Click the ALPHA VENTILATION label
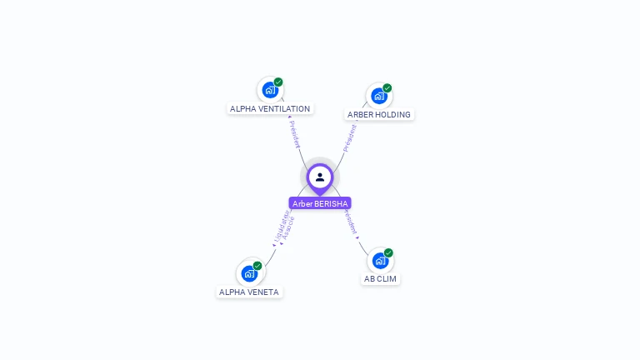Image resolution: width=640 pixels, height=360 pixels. pos(270,109)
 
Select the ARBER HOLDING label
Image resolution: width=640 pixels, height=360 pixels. pos(379,115)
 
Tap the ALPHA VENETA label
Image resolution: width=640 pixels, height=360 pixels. pos(248,292)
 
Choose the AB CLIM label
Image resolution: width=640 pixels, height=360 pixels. pos(380,279)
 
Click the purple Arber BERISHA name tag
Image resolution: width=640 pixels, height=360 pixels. pos(320,203)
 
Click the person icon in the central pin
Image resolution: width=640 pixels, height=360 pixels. pos(320,177)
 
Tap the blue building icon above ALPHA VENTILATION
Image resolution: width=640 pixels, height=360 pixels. pos(269,90)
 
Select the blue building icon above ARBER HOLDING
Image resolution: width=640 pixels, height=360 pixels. pos(378,96)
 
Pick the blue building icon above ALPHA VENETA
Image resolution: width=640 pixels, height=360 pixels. pos(248,273)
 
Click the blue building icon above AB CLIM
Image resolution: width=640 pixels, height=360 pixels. pos(379,261)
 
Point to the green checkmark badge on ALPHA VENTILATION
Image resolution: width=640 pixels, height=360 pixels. pos(278,82)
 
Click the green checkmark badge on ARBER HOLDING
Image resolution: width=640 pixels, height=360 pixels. pos(387,87)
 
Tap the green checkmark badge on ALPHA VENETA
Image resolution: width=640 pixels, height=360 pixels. pos(257,266)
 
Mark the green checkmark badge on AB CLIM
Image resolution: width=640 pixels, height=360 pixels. pos(388,252)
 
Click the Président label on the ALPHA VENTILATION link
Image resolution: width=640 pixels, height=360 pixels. pos(294,134)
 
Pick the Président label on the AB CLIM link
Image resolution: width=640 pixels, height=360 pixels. pos(350,222)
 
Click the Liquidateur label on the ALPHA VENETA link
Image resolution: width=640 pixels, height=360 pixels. pos(281,227)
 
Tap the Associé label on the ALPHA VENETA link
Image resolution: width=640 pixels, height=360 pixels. pos(288,229)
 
